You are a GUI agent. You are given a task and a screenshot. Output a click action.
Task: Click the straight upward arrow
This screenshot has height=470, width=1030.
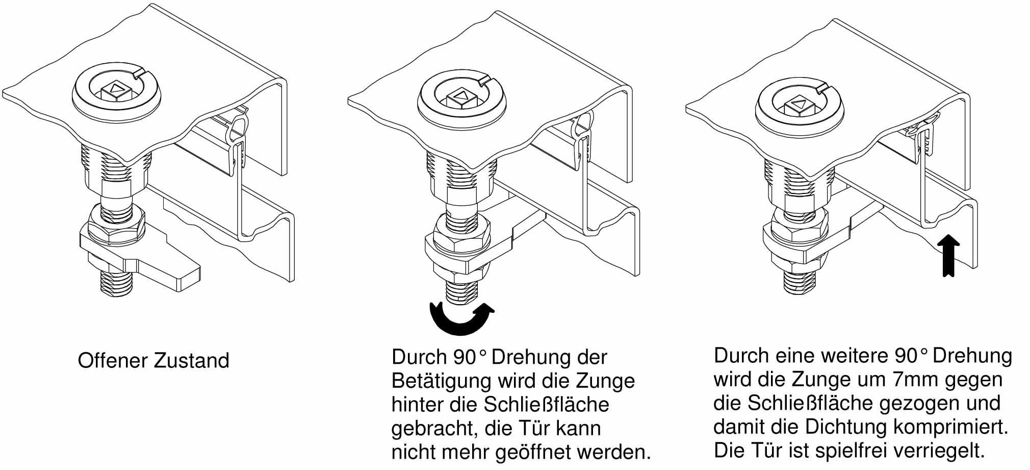pyautogui.click(x=948, y=256)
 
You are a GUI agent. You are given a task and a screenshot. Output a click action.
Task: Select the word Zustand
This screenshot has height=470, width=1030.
pyautogui.click(x=191, y=361)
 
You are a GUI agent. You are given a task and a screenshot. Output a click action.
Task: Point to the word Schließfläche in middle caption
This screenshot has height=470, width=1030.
pyautogui.click(x=546, y=405)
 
